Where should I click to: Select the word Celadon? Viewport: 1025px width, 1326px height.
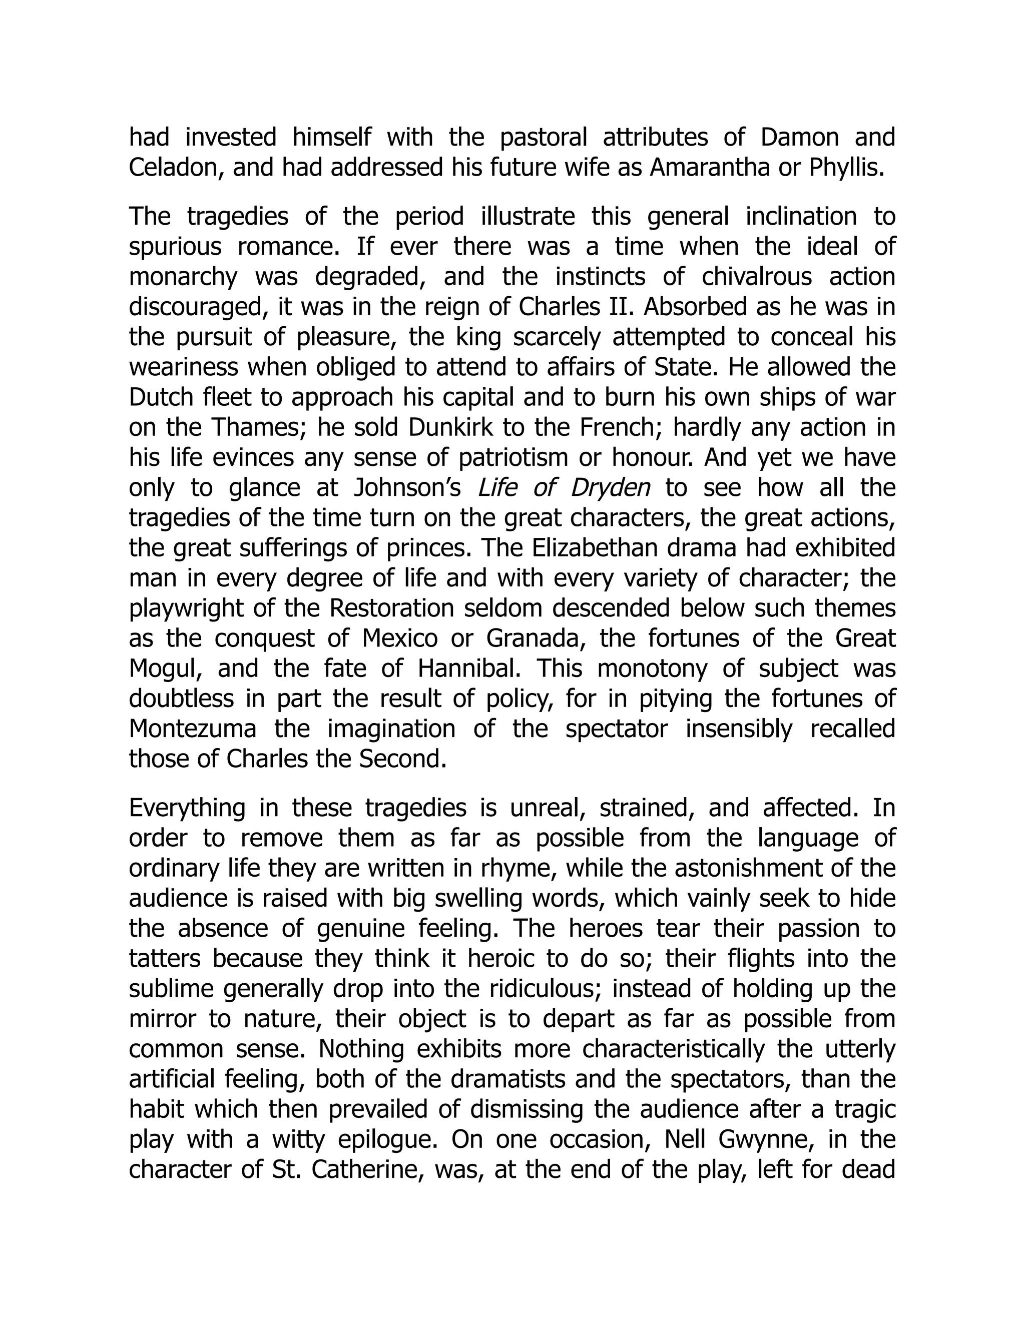pyautogui.click(x=177, y=168)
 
